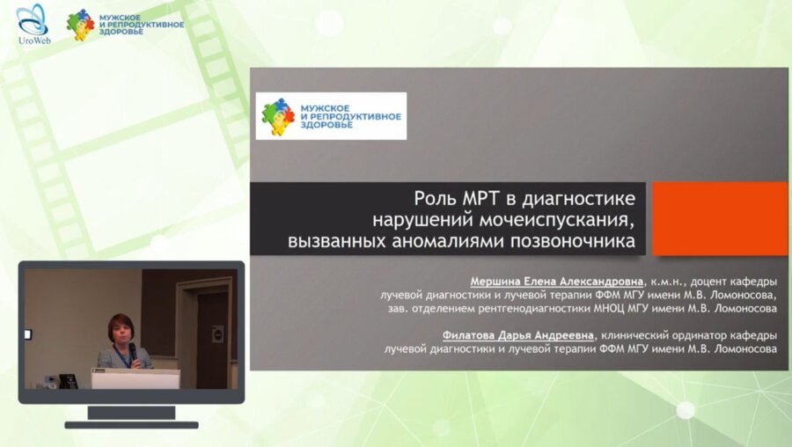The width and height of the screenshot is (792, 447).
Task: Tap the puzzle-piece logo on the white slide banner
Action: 278,116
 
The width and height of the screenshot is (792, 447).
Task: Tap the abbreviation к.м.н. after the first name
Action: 671,281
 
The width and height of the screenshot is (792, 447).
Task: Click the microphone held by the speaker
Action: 133,351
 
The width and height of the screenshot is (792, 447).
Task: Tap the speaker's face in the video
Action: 121,328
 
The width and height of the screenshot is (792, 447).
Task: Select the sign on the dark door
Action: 216,333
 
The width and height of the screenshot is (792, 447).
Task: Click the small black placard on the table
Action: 68,380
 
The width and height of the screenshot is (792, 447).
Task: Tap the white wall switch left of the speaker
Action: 27,334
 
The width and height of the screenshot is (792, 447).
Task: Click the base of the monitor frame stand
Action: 131,424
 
